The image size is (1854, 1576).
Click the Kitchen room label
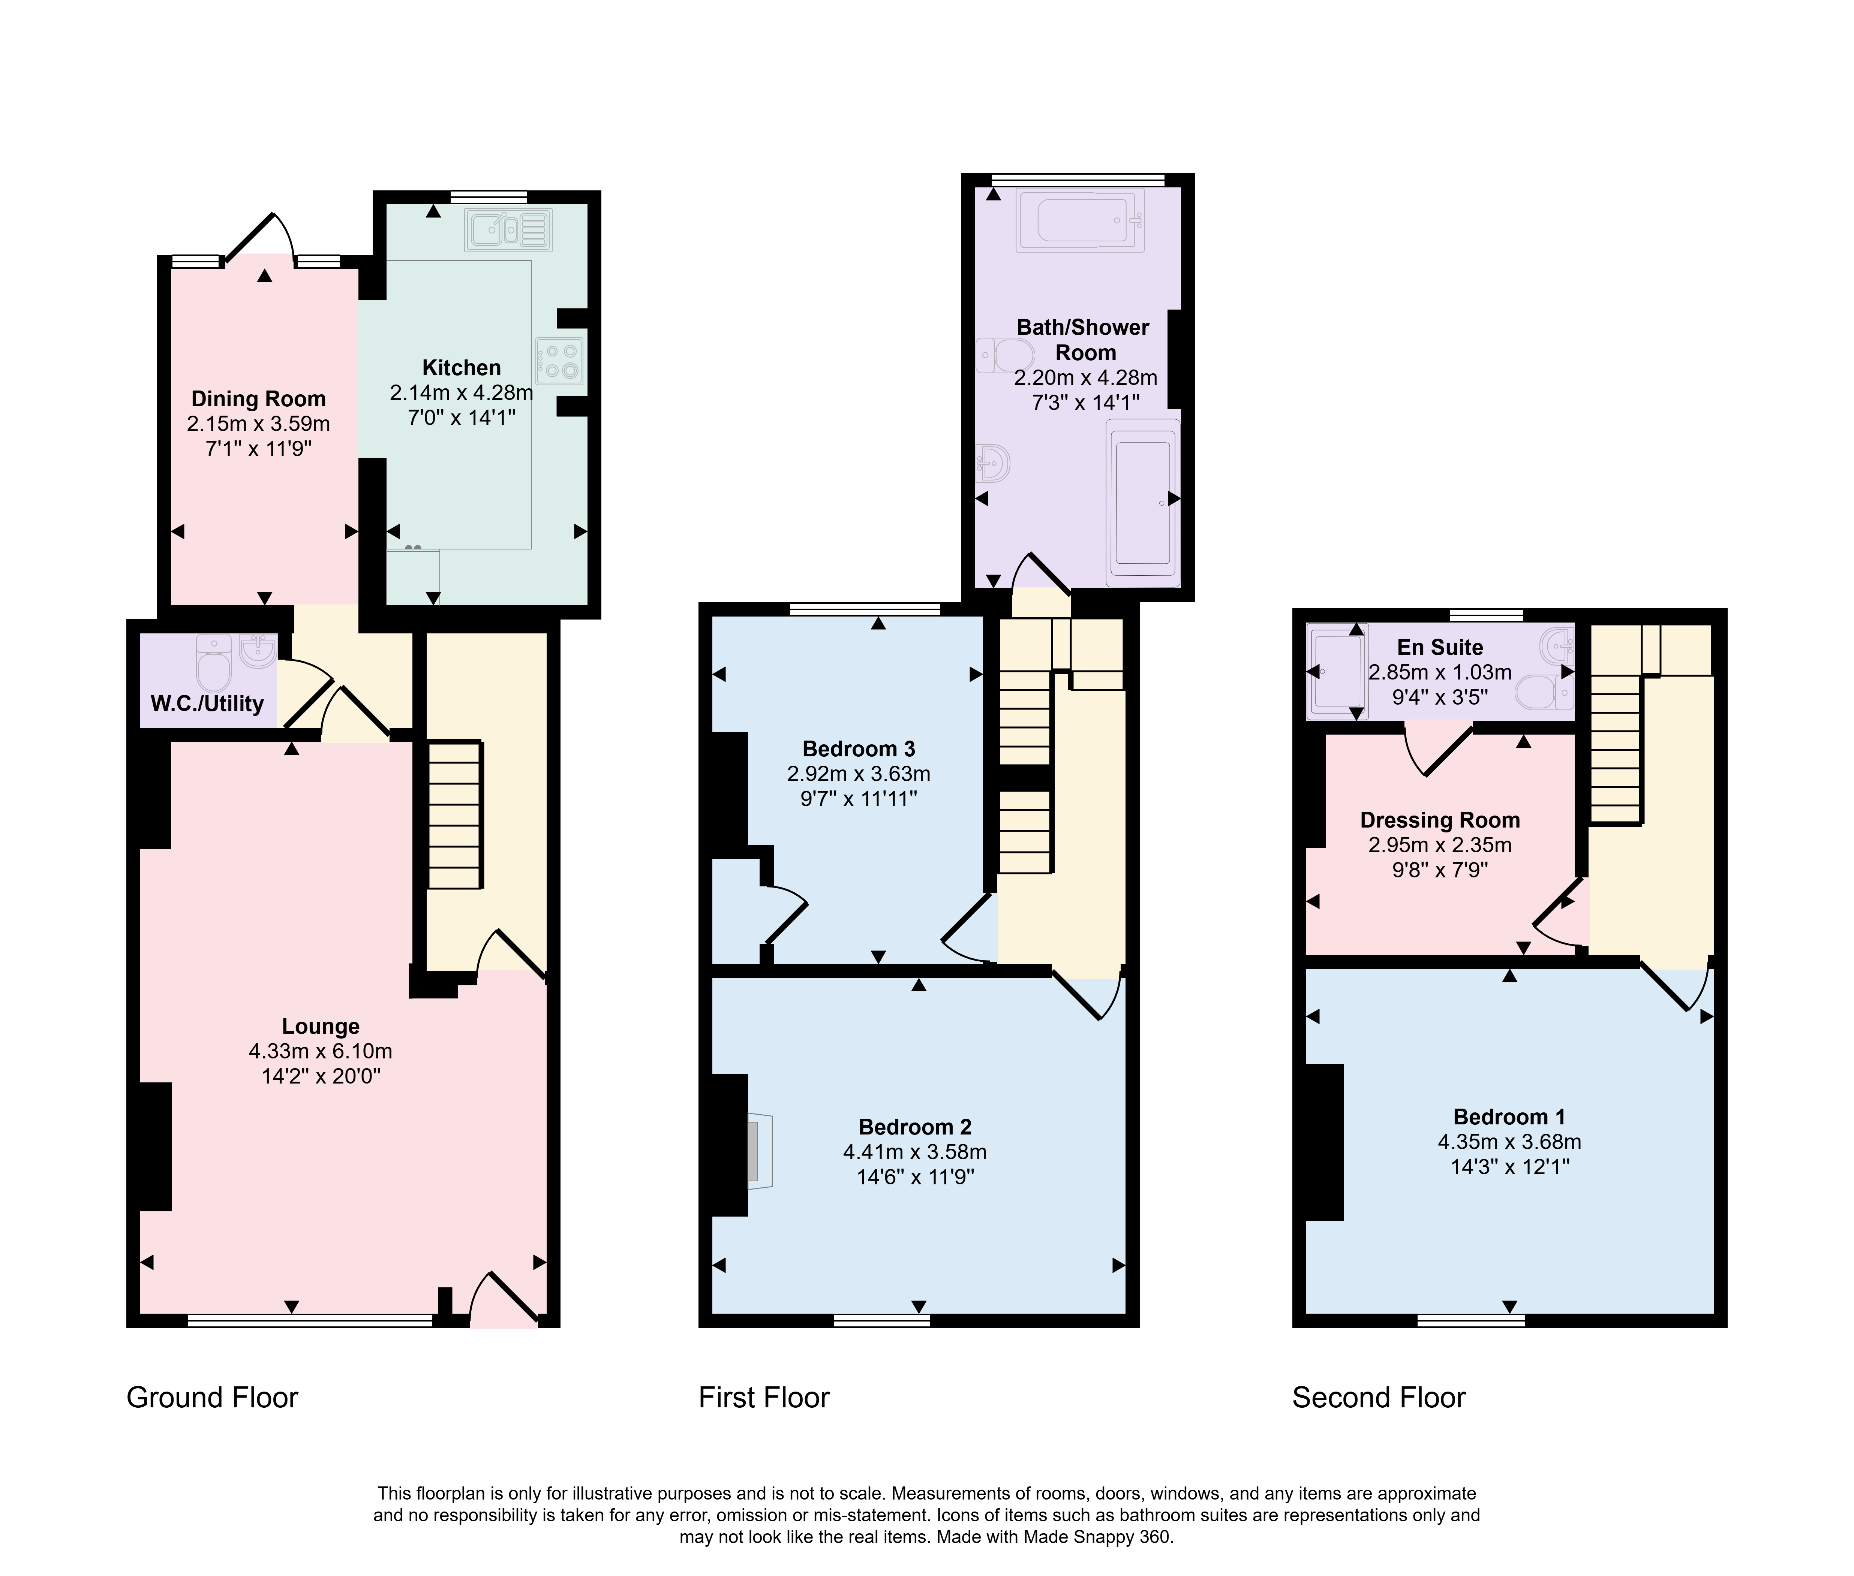pyautogui.click(x=461, y=367)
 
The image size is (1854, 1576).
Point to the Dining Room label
pyautogui.click(x=258, y=398)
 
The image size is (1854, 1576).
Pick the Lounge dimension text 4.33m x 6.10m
pyautogui.click(x=321, y=1052)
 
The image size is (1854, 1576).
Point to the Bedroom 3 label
pyautogui.click(x=859, y=749)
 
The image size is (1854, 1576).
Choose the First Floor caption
pyautogui.click(x=764, y=1397)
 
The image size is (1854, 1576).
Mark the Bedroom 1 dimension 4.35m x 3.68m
pyautogui.click(x=1509, y=1142)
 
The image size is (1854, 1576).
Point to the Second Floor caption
pyautogui.click(x=1379, y=1397)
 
